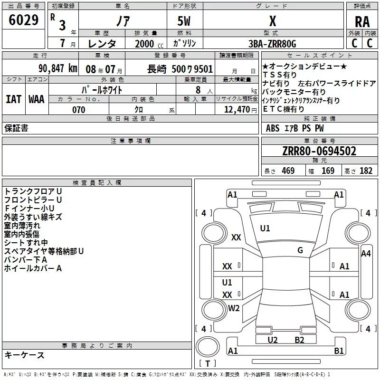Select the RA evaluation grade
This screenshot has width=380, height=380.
(x=362, y=21)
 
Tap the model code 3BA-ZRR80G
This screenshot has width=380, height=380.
(x=272, y=44)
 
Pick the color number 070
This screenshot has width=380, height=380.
(x=78, y=110)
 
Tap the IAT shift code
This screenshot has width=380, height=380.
(x=13, y=99)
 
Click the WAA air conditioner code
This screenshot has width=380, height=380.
(x=37, y=99)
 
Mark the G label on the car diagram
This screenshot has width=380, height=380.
(x=300, y=250)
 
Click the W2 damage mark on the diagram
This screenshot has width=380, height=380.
(x=234, y=308)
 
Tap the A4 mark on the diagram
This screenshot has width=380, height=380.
(x=366, y=254)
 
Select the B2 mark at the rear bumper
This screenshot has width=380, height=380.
(x=299, y=340)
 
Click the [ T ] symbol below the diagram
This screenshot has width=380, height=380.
(x=208, y=364)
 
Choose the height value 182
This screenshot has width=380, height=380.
(x=366, y=171)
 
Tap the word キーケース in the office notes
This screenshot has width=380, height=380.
(x=24, y=355)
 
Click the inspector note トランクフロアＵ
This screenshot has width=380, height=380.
(x=33, y=191)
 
